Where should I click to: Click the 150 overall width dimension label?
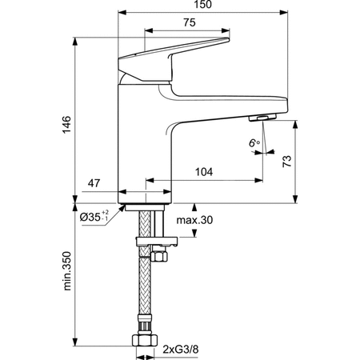(203, 4)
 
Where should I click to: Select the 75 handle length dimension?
(190, 22)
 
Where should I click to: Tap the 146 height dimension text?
(66, 125)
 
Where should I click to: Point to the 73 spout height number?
(287, 162)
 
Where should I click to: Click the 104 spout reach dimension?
(204, 172)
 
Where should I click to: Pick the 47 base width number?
(94, 183)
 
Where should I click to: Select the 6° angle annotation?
(254, 143)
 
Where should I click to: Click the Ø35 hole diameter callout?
(94, 217)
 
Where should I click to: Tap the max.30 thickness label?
(194, 220)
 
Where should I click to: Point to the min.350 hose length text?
(66, 270)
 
